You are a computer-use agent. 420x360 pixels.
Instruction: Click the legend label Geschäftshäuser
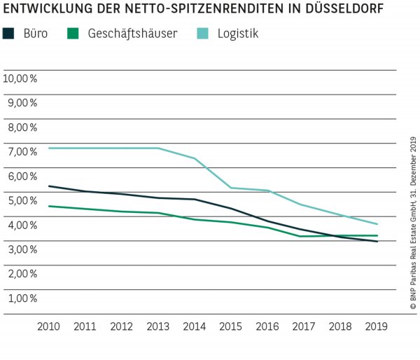click(132, 33)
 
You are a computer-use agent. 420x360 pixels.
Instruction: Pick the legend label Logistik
click(237, 33)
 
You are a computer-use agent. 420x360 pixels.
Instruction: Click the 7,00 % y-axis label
click(22, 151)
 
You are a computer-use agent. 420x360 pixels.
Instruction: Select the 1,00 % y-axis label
click(22, 298)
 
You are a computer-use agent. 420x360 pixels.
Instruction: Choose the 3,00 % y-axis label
click(22, 249)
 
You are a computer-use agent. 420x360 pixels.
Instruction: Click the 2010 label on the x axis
click(48, 326)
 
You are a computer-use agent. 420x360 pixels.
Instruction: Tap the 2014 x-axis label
click(195, 326)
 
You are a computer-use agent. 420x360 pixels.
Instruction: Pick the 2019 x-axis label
click(377, 326)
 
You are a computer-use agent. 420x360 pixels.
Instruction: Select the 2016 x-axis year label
click(267, 326)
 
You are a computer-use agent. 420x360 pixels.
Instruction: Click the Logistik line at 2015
click(231, 188)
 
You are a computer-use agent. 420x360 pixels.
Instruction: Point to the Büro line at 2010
click(48, 186)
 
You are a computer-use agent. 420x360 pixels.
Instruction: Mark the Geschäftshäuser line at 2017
click(304, 236)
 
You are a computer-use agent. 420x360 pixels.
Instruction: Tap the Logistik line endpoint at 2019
click(377, 224)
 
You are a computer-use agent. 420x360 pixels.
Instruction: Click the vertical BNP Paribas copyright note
click(413, 224)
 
